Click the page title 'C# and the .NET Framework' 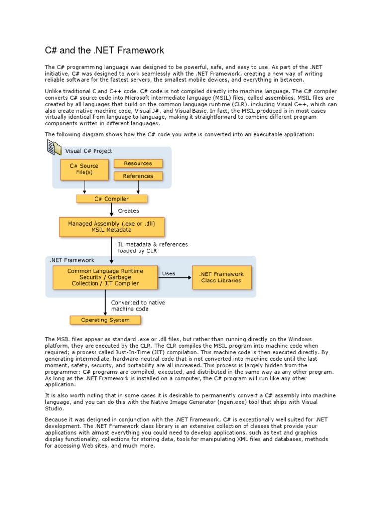point(104,50)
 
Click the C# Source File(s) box point(84,169)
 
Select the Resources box point(138,163)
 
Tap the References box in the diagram point(138,176)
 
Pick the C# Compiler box point(112,199)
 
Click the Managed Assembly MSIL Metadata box point(111,226)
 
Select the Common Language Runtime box point(105,277)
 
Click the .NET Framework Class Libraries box point(221,277)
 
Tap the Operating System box point(105,320)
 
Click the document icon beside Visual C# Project point(54,148)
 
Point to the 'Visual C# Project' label point(89,151)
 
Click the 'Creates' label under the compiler point(128,211)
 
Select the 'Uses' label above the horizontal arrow point(169,273)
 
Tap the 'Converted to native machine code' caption point(138,306)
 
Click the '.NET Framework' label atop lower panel point(72,260)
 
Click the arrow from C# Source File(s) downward point(85,187)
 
